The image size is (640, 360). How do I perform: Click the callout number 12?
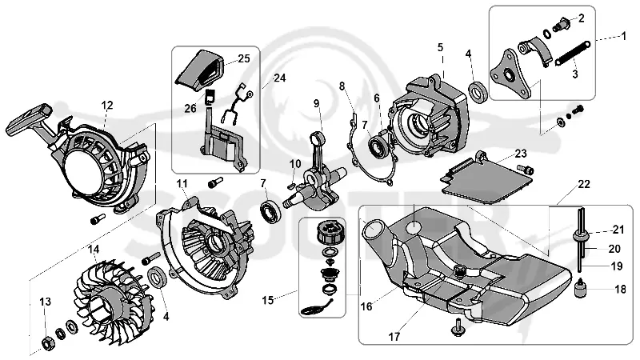click(x=107, y=106)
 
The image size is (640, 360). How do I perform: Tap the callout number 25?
click(x=244, y=58)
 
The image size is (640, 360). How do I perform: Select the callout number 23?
click(x=521, y=154)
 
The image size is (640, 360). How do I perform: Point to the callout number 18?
click(x=620, y=289)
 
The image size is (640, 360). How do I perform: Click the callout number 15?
click(x=268, y=301)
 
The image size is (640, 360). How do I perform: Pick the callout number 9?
click(x=316, y=104)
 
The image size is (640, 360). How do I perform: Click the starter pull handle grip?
click(x=29, y=119)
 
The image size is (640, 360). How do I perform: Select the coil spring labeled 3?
click(x=571, y=53)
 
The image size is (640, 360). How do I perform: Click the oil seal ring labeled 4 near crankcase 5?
click(x=478, y=91)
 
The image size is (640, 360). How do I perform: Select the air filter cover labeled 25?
click(x=200, y=69)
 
